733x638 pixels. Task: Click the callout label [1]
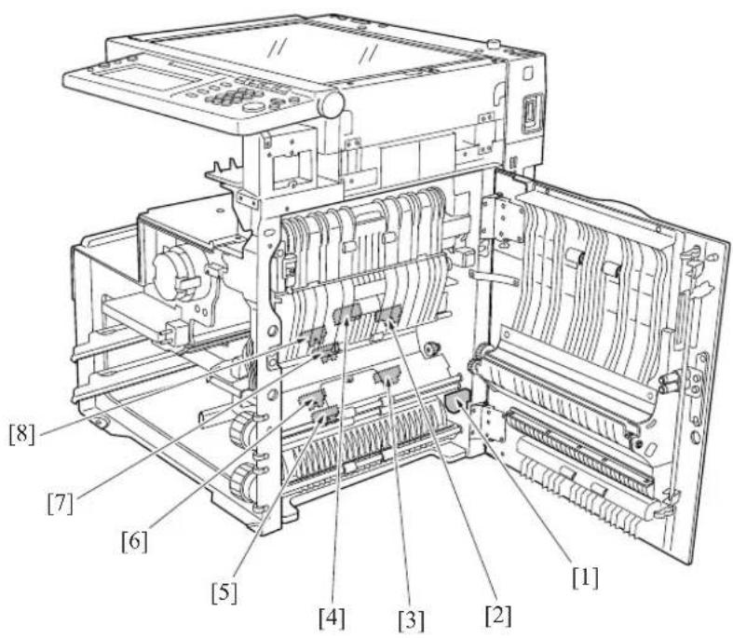(x=585, y=578)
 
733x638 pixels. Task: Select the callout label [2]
(x=498, y=616)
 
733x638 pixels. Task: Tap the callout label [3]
(x=412, y=620)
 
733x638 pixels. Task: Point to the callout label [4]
(x=332, y=618)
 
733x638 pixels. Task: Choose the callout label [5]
(x=224, y=593)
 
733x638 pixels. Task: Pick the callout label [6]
(x=134, y=543)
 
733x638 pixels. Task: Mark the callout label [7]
(x=61, y=504)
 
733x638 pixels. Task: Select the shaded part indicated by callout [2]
(x=388, y=315)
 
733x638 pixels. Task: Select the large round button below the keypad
(x=254, y=106)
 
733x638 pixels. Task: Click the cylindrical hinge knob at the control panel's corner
(x=331, y=103)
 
